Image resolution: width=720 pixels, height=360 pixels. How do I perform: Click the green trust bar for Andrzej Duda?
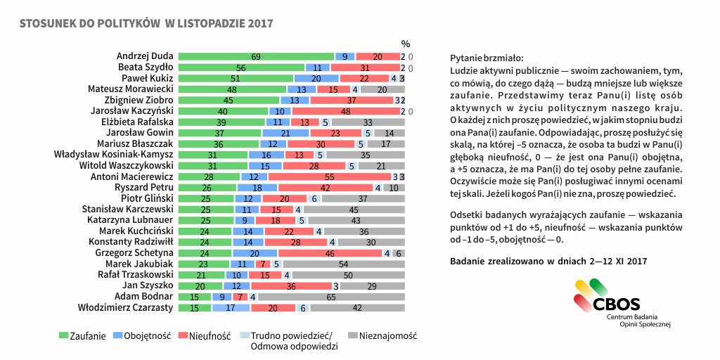coord(256,56)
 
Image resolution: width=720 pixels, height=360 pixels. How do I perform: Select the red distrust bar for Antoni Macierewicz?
coord(329,176)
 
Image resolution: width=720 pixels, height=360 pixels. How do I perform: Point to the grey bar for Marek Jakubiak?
coord(343,264)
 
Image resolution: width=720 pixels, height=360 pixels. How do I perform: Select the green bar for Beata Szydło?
coord(240,67)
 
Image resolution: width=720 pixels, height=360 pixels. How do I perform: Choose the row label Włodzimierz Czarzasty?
coord(127,307)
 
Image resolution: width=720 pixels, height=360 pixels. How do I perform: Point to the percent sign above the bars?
coord(405,44)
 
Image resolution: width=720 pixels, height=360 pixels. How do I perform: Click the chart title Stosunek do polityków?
coord(146,23)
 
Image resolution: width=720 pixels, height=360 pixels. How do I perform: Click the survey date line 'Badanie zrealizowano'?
coord(548,262)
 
